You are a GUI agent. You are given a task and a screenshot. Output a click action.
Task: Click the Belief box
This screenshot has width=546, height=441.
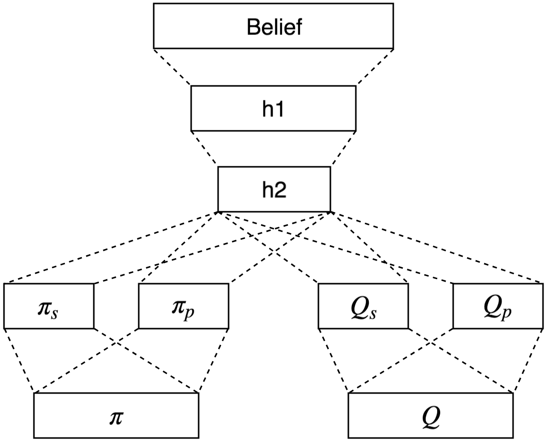point(273,26)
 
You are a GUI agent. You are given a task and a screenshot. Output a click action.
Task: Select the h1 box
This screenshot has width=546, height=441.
point(273,108)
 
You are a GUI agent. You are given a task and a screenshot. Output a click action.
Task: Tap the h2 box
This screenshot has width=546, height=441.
point(273,189)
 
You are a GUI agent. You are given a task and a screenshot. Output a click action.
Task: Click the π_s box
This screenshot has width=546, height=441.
point(48,306)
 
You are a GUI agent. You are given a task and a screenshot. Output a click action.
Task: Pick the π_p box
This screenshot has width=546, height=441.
point(184,306)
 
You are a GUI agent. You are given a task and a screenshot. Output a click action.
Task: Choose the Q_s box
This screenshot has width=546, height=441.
point(363,306)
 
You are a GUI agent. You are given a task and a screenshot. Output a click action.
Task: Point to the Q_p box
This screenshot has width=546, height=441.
point(497,306)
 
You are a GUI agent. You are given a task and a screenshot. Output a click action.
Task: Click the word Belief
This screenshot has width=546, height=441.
point(273,27)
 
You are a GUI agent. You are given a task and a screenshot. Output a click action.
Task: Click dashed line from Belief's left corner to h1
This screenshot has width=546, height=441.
point(172,67)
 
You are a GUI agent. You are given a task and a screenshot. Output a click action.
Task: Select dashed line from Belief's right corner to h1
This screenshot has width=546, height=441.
point(375,67)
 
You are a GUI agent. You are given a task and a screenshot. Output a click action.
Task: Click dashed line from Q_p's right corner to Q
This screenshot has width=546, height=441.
point(528,361)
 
